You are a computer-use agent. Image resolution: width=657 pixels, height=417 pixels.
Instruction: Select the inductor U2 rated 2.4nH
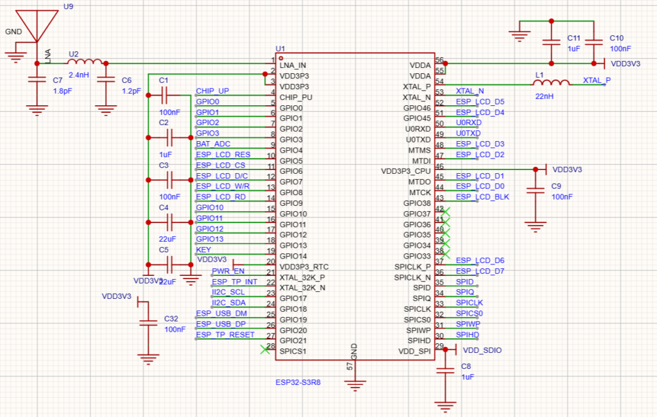click(85, 63)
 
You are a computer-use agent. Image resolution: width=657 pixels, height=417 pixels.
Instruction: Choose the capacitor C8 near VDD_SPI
click(444, 371)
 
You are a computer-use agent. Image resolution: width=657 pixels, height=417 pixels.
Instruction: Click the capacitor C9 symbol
click(533, 191)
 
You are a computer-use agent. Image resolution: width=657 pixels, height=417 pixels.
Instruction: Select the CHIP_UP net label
click(212, 91)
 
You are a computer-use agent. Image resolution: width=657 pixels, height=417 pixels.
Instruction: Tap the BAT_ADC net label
click(213, 144)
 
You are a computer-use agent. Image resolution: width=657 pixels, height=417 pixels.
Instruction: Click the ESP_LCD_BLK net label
click(482, 197)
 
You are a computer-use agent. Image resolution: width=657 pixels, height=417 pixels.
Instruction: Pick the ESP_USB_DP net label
click(221, 324)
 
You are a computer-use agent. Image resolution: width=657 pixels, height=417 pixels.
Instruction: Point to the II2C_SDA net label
click(228, 303)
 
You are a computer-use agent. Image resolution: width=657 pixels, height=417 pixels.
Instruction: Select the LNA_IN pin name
click(293, 65)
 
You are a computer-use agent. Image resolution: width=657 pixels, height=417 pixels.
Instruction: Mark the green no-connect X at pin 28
click(264, 349)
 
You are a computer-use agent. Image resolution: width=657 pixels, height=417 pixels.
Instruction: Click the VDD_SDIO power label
click(482, 350)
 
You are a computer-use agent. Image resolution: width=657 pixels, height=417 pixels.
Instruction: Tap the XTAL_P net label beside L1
click(597, 80)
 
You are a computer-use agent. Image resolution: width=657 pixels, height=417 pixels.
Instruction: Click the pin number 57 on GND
click(350, 366)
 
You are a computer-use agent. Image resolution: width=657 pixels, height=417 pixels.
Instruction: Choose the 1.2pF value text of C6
click(131, 91)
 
